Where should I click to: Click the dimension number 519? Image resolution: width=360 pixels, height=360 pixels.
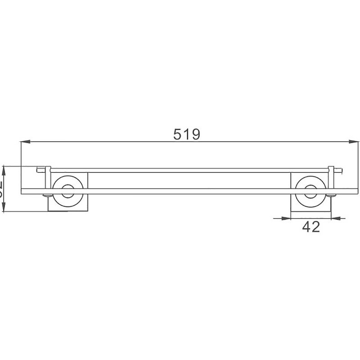(186, 134)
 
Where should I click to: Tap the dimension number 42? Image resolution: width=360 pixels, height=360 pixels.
(310, 227)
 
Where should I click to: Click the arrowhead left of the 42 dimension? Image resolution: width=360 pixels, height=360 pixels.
(286, 219)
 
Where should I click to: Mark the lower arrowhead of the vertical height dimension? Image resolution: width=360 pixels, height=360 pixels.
(4, 209)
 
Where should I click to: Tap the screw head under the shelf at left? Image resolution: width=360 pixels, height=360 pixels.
(46, 196)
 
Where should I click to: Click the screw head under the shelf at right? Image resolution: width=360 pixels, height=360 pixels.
(331, 196)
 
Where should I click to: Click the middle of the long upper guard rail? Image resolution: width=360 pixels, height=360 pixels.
(189, 171)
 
